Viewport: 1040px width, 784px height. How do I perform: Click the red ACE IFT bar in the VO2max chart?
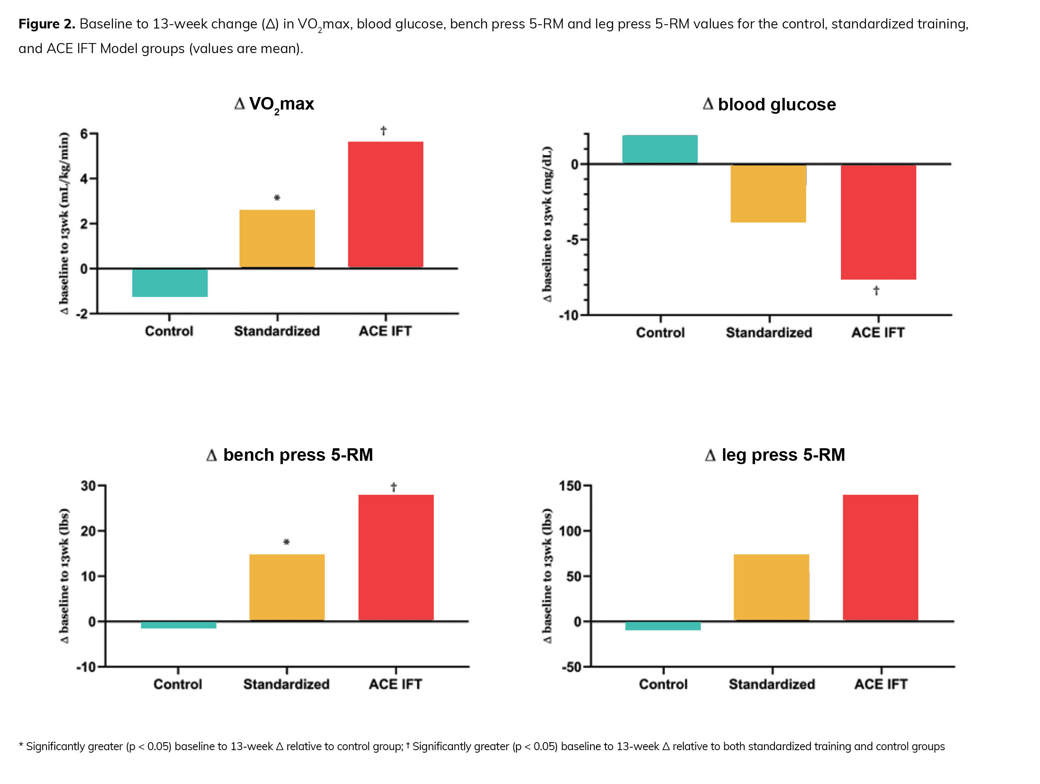pyautogui.click(x=385, y=204)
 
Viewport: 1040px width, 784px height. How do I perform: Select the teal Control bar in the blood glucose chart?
pyautogui.click(x=659, y=149)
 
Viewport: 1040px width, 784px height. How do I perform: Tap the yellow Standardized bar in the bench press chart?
pyautogui.click(x=287, y=587)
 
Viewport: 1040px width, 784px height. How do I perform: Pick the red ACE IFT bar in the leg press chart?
pyautogui.click(x=880, y=557)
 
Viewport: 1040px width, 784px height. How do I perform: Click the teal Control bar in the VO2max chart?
pyautogui.click(x=170, y=283)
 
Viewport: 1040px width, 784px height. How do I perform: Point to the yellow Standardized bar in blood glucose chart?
pyautogui.click(x=768, y=194)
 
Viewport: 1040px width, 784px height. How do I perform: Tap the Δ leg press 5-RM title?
pyautogui.click(x=774, y=455)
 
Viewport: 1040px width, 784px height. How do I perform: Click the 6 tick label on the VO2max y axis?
pyautogui.click(x=84, y=134)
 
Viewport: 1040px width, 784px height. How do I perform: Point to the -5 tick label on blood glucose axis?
pyautogui.click(x=572, y=240)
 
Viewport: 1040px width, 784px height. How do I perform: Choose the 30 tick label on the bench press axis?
pyautogui.click(x=88, y=485)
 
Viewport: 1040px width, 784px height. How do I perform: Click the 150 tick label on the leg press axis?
pyautogui.click(x=570, y=485)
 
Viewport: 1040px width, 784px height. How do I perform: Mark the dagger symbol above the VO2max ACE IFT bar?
pyautogui.click(x=383, y=130)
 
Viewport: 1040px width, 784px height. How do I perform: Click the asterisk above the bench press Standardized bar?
pyautogui.click(x=286, y=542)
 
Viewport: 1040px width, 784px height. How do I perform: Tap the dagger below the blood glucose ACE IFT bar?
pyautogui.click(x=876, y=291)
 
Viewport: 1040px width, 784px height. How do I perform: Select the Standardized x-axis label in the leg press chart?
pyautogui.click(x=772, y=684)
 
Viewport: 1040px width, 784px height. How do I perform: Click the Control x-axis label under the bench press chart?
pyautogui.click(x=178, y=684)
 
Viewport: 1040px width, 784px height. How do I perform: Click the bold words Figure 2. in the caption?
pyautogui.click(x=46, y=24)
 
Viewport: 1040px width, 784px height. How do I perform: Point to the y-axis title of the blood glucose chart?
pyautogui.click(x=547, y=224)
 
